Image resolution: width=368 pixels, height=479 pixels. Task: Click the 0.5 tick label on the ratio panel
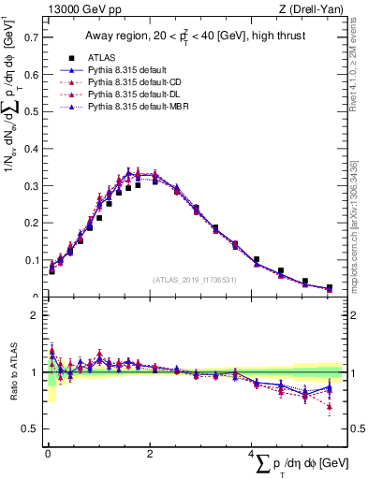click(x=30, y=428)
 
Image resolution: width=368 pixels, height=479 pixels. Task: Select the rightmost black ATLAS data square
click(x=329, y=288)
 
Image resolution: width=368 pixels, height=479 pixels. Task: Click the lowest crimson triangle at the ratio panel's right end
click(x=329, y=406)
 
